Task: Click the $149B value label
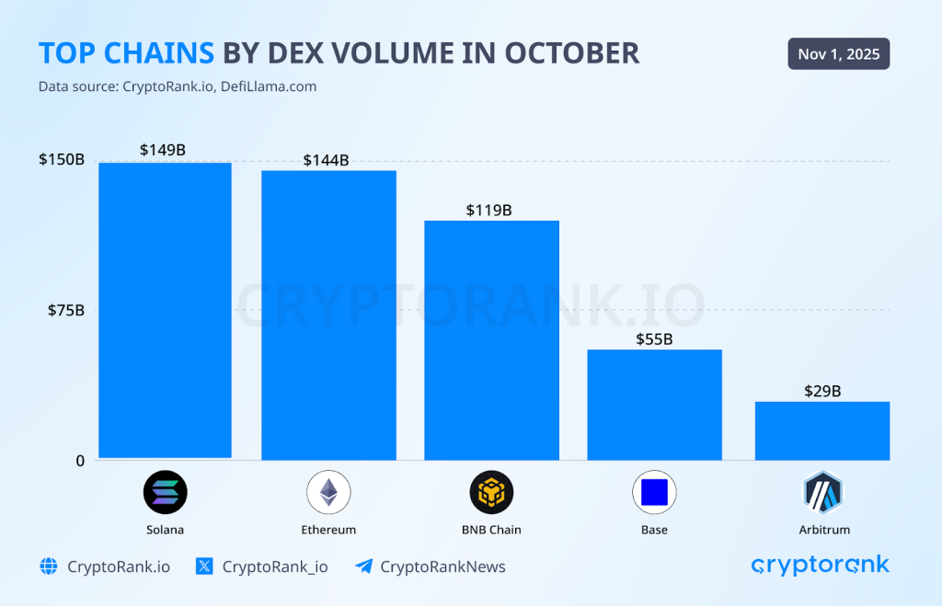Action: pos(163,149)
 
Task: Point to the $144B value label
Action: pos(326,160)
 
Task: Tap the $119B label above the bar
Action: pos(488,210)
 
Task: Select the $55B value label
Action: pos(654,339)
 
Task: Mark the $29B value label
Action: pos(821,391)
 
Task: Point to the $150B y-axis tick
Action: pos(62,159)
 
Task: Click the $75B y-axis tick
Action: pos(66,310)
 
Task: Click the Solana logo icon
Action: pos(165,492)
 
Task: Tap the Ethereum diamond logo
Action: pos(328,492)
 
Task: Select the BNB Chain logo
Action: pos(491,492)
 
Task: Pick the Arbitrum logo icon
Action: pos(822,492)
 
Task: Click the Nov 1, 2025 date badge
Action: pos(838,54)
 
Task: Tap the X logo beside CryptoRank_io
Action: pos(205,566)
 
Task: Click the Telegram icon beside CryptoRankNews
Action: pos(363,566)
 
